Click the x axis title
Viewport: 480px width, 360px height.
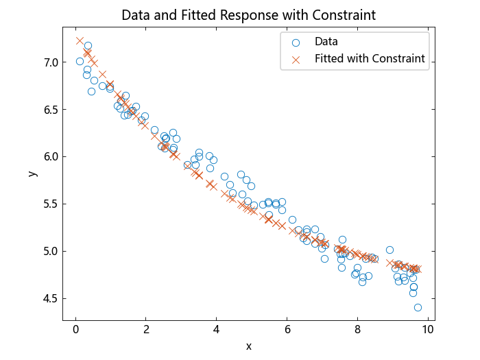pos(248,346)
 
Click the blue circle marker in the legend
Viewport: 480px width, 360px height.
pos(296,42)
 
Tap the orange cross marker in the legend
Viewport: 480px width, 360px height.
pos(296,59)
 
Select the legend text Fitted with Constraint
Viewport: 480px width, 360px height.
pos(370,59)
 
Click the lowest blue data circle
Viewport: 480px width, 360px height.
pos(418,307)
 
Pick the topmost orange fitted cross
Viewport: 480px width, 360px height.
pos(80,41)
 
